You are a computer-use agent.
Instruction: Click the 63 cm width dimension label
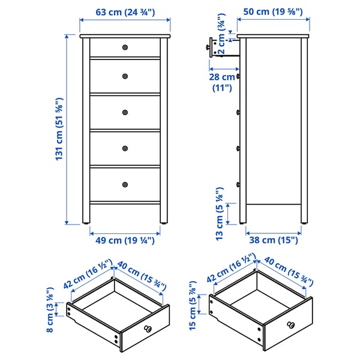pyautogui.click(x=125, y=12)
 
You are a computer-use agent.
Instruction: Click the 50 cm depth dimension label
pyautogui.click(x=273, y=12)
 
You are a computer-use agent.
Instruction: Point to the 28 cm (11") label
pyautogui.click(x=221, y=82)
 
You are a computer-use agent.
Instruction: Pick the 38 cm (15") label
pyautogui.click(x=273, y=240)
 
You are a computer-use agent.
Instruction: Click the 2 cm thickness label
pyautogui.click(x=222, y=43)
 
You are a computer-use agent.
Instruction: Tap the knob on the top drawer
pyautogui.click(x=125, y=47)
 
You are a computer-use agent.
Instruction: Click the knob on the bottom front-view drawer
pyautogui.click(x=125, y=184)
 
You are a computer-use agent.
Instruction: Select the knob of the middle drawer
pyautogui.click(x=125, y=112)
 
